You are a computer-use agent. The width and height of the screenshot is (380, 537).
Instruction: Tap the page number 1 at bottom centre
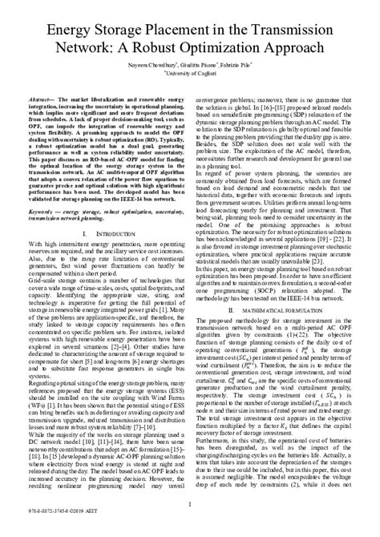(x=189, y=505)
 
